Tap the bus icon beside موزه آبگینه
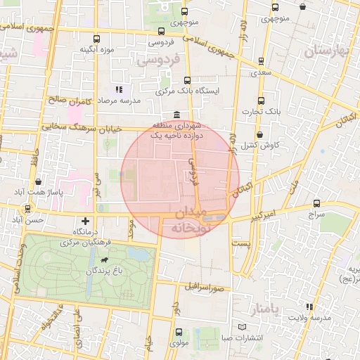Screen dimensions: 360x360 pos(96,39)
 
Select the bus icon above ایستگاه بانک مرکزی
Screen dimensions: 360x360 pos(186,80)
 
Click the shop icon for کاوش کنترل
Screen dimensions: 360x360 pos(259,134)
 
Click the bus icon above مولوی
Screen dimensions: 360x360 pos(179,332)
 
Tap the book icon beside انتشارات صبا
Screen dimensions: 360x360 pos(243,328)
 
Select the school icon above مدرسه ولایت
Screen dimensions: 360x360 pos(309,307)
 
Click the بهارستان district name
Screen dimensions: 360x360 pos(326,51)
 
